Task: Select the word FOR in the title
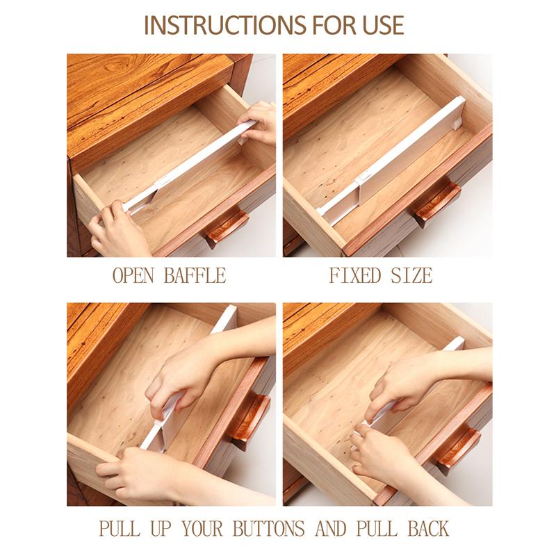coord(325,25)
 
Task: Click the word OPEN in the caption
coord(134,275)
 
